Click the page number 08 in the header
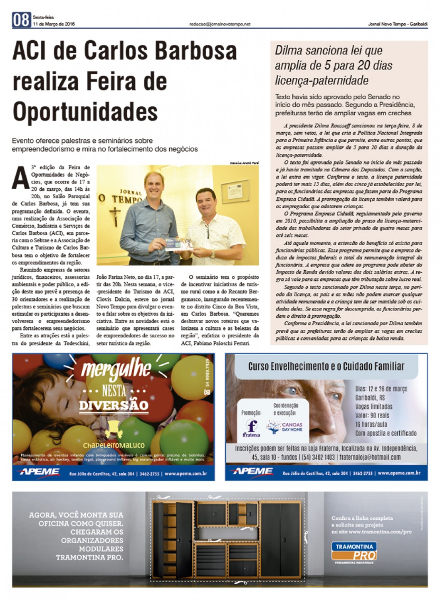[x=21, y=20]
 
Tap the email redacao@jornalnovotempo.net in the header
[x=220, y=24]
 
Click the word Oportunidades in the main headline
[x=85, y=111]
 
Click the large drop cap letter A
[x=21, y=178]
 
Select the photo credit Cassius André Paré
[x=244, y=163]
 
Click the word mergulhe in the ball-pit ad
[x=116, y=368]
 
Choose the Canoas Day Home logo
[x=285, y=427]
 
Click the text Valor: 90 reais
[x=372, y=415]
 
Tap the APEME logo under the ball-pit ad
[x=38, y=472]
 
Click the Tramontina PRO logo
[x=354, y=551]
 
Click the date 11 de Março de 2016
[x=54, y=24]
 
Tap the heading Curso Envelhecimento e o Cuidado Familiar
[x=326, y=366]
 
